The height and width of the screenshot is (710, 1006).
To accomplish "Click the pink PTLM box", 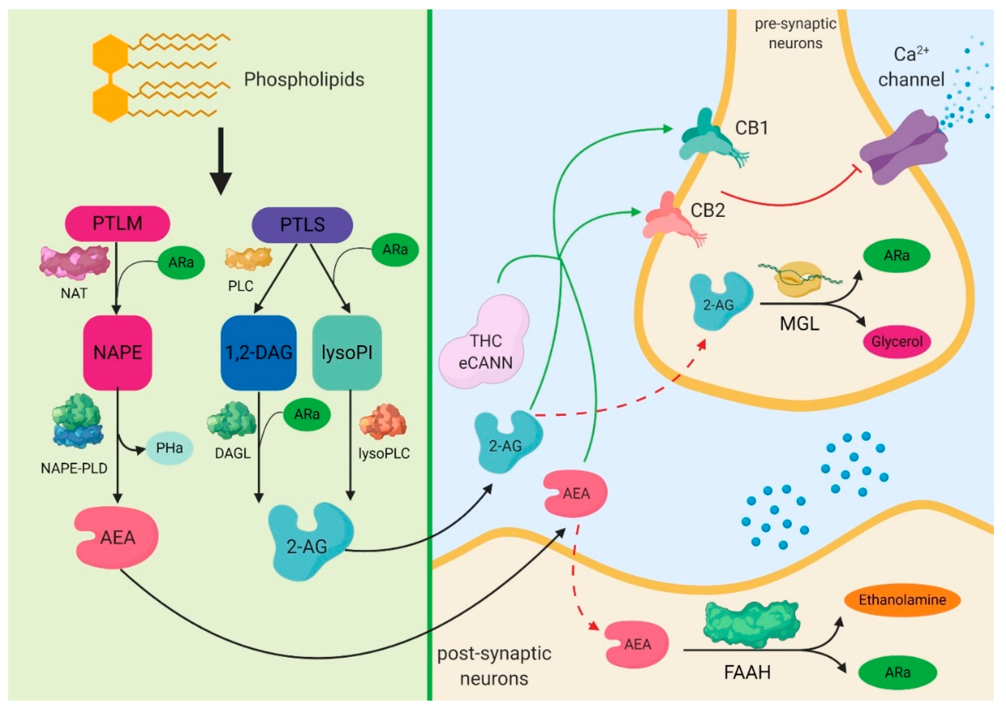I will tap(117, 224).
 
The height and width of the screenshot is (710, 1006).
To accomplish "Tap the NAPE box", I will tap(117, 353).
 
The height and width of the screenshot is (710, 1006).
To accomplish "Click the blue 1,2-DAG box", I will tap(259, 353).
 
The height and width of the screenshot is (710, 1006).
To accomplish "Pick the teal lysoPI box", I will tap(347, 353).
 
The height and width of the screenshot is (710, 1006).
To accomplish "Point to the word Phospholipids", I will tap(304, 80).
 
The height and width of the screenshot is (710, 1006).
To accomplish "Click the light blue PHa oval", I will tap(169, 448).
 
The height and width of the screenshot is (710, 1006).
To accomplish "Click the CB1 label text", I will tap(751, 128).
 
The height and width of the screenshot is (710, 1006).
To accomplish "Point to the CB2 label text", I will tap(708, 211).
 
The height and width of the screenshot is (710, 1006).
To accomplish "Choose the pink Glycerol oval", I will tap(897, 342).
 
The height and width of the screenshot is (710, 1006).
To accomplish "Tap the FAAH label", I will tap(747, 672).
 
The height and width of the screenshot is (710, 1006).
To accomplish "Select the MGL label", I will tap(799, 324).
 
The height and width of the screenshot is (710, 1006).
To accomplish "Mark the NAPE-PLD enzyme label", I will tap(74, 469).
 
